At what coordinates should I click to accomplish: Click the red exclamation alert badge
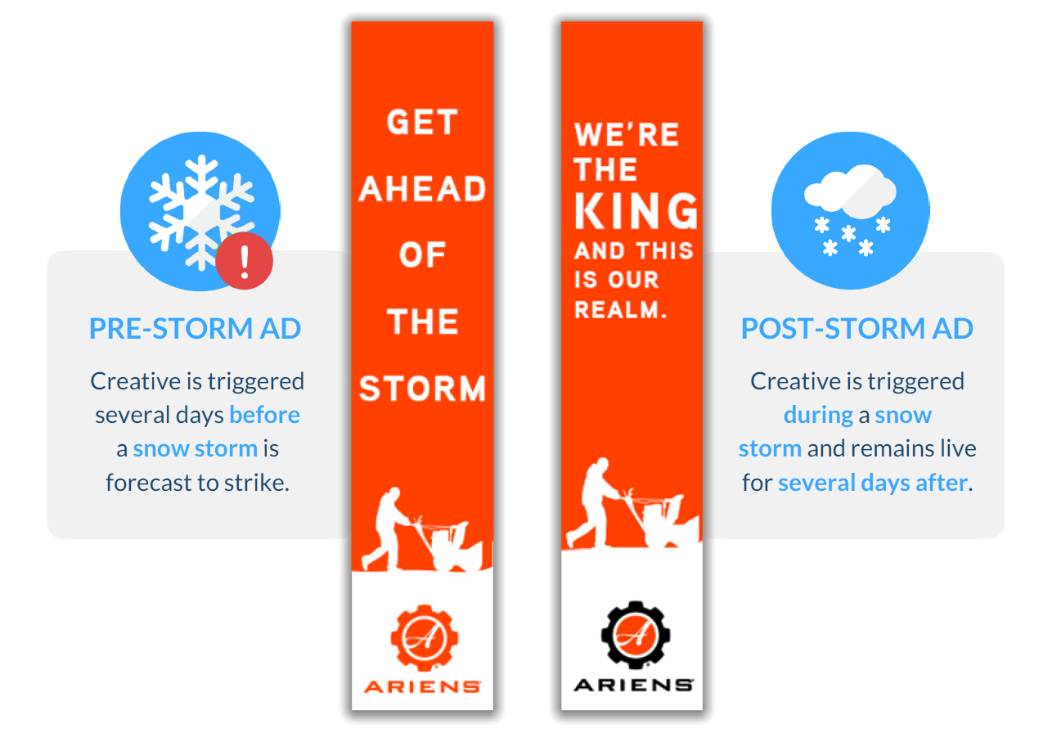(245, 261)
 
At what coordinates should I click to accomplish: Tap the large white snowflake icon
(201, 212)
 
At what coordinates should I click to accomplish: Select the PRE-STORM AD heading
(196, 328)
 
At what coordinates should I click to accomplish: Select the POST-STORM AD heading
(856, 328)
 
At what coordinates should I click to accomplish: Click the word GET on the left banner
(422, 122)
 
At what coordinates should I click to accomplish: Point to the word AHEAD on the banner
(422, 189)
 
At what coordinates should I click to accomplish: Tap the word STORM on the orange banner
(422, 389)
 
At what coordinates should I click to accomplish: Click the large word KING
(636, 211)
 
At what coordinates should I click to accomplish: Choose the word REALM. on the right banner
(621, 310)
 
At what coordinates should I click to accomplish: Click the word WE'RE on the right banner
(627, 134)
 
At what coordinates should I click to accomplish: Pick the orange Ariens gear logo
(425, 638)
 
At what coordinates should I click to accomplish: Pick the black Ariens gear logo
(636, 635)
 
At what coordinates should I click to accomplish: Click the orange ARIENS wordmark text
(422, 686)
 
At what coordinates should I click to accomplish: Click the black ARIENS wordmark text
(634, 685)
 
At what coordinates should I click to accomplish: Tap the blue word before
(265, 415)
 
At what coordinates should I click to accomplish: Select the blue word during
(819, 415)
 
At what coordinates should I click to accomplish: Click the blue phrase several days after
(873, 483)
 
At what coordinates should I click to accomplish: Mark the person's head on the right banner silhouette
(603, 463)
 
